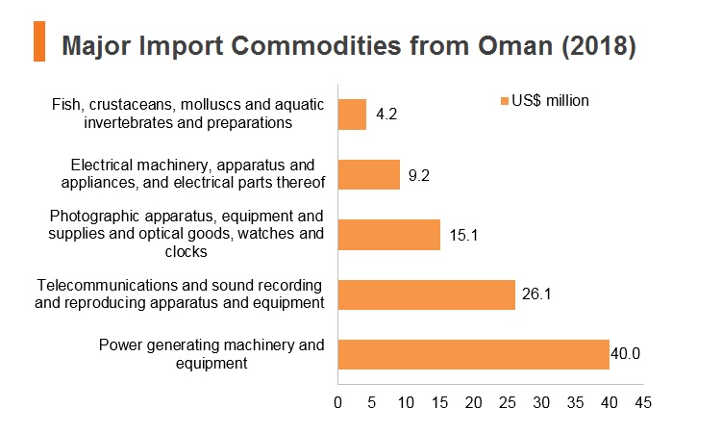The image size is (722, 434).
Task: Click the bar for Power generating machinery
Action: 473,354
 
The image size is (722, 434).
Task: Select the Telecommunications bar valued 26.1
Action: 427,294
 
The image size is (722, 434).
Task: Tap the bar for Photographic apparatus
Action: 389,235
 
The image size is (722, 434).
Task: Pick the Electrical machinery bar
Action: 369,174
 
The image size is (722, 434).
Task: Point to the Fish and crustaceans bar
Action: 352,115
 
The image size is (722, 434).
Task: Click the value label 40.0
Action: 625,353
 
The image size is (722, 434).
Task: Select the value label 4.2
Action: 386,114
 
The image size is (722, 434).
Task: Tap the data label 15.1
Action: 463,235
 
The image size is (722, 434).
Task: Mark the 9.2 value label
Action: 418,175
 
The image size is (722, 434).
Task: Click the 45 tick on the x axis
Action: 643,402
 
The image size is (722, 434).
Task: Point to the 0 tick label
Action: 338,402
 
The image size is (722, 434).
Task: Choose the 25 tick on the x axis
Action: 508,402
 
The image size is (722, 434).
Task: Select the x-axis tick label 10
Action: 406,402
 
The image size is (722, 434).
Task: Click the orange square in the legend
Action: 505,101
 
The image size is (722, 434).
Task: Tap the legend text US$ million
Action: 550,100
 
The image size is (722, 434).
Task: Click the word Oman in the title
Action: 514,45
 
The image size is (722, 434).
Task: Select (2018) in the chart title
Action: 599,46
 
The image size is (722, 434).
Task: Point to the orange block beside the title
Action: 39,41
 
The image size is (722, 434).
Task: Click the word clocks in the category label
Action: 186,251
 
